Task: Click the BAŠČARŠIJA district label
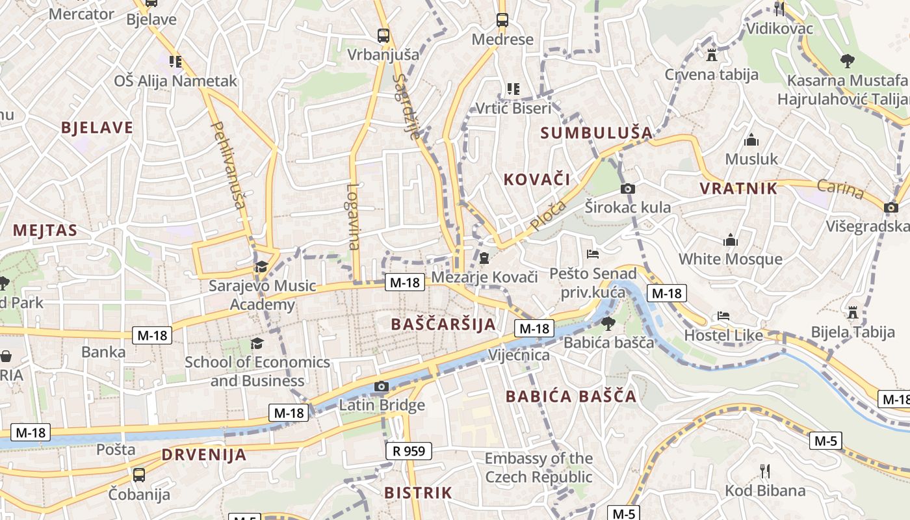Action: pyautogui.click(x=444, y=324)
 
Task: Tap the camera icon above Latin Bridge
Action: pyautogui.click(x=382, y=387)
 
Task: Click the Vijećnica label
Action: pyautogui.click(x=519, y=355)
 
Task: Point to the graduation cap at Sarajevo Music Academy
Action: pyautogui.click(x=261, y=266)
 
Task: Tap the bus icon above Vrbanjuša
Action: pyautogui.click(x=383, y=36)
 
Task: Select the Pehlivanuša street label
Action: pyautogui.click(x=228, y=165)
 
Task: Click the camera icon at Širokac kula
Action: pyautogui.click(x=627, y=189)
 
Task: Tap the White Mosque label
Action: pyautogui.click(x=730, y=259)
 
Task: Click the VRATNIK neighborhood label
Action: pyautogui.click(x=738, y=188)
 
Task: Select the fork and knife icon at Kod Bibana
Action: pyautogui.click(x=765, y=471)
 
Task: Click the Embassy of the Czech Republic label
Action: pyautogui.click(x=538, y=467)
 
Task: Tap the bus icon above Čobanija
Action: pyautogui.click(x=138, y=475)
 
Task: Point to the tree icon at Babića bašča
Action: pyautogui.click(x=608, y=323)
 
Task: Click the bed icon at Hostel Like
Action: pyautogui.click(x=723, y=317)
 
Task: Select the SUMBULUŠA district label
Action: pyautogui.click(x=596, y=133)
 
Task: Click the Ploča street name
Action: pyautogui.click(x=548, y=216)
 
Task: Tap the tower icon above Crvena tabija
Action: pyautogui.click(x=711, y=55)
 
